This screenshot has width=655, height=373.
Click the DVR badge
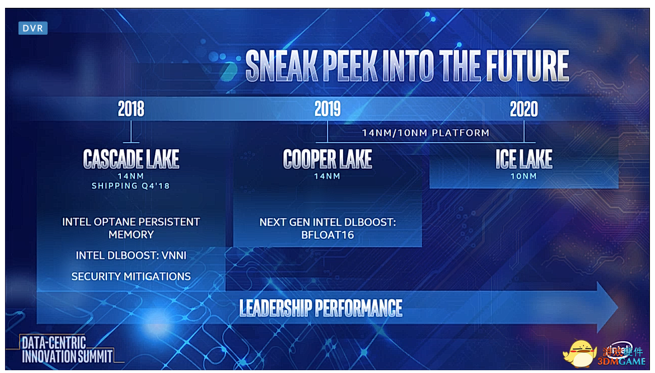coord(33,28)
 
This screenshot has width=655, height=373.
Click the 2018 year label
coord(131,109)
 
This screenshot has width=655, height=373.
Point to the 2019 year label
coord(327,109)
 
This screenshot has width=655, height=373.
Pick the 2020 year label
coord(524,109)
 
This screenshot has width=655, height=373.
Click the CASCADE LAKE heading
coord(131,159)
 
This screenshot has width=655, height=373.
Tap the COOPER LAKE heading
coord(327,159)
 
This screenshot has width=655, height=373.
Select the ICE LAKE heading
coord(524,159)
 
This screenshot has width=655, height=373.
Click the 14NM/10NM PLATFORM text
coord(425,133)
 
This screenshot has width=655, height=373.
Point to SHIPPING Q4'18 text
coord(131,186)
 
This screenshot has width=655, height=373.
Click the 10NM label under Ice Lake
coord(523,176)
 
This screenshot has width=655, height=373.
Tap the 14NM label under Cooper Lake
coord(327,176)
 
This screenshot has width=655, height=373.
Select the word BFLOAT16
coord(327,235)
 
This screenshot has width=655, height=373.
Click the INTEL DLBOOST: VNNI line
coord(131,256)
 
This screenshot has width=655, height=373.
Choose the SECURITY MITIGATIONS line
coord(131,276)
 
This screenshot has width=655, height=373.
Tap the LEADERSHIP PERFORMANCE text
coord(321,308)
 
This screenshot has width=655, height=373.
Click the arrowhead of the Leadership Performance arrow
coord(607,307)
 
